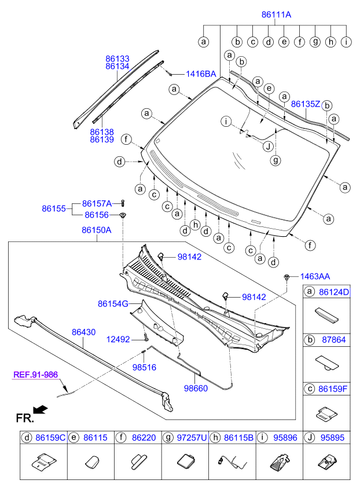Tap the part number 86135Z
(305, 104)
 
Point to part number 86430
(84, 332)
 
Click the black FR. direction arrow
(40, 410)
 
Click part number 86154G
(113, 303)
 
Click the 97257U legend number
(192, 439)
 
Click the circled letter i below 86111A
(346, 42)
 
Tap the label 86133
(117, 59)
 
